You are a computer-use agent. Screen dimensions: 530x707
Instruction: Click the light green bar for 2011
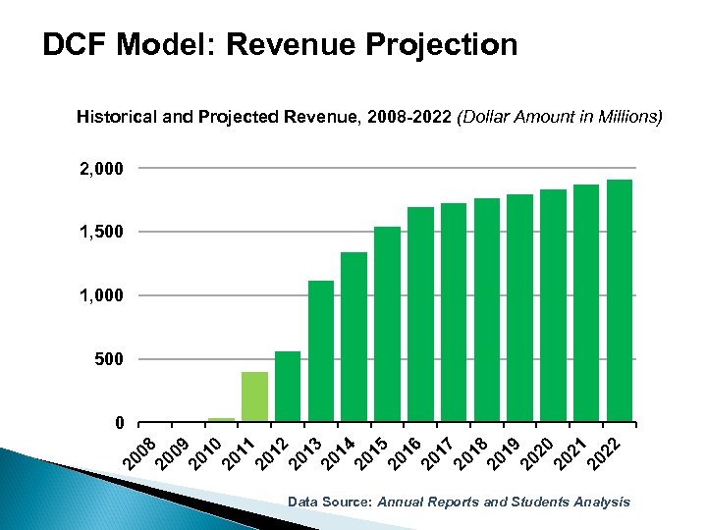[254, 397]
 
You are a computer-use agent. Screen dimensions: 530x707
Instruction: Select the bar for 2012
[288, 387]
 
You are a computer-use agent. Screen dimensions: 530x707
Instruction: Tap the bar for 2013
[321, 351]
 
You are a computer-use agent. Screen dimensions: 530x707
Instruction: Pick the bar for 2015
[387, 324]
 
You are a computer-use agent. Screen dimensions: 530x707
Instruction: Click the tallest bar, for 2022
[620, 300]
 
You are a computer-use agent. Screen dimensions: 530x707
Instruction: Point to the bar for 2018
[487, 310]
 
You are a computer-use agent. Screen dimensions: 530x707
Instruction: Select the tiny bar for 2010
[221, 420]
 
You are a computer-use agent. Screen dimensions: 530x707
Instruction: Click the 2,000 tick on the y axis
[102, 169]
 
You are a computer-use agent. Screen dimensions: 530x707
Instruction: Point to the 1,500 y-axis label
[102, 233]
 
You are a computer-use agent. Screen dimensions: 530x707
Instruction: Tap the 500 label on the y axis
[111, 360]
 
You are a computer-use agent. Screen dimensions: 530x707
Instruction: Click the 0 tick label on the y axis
[119, 423]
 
